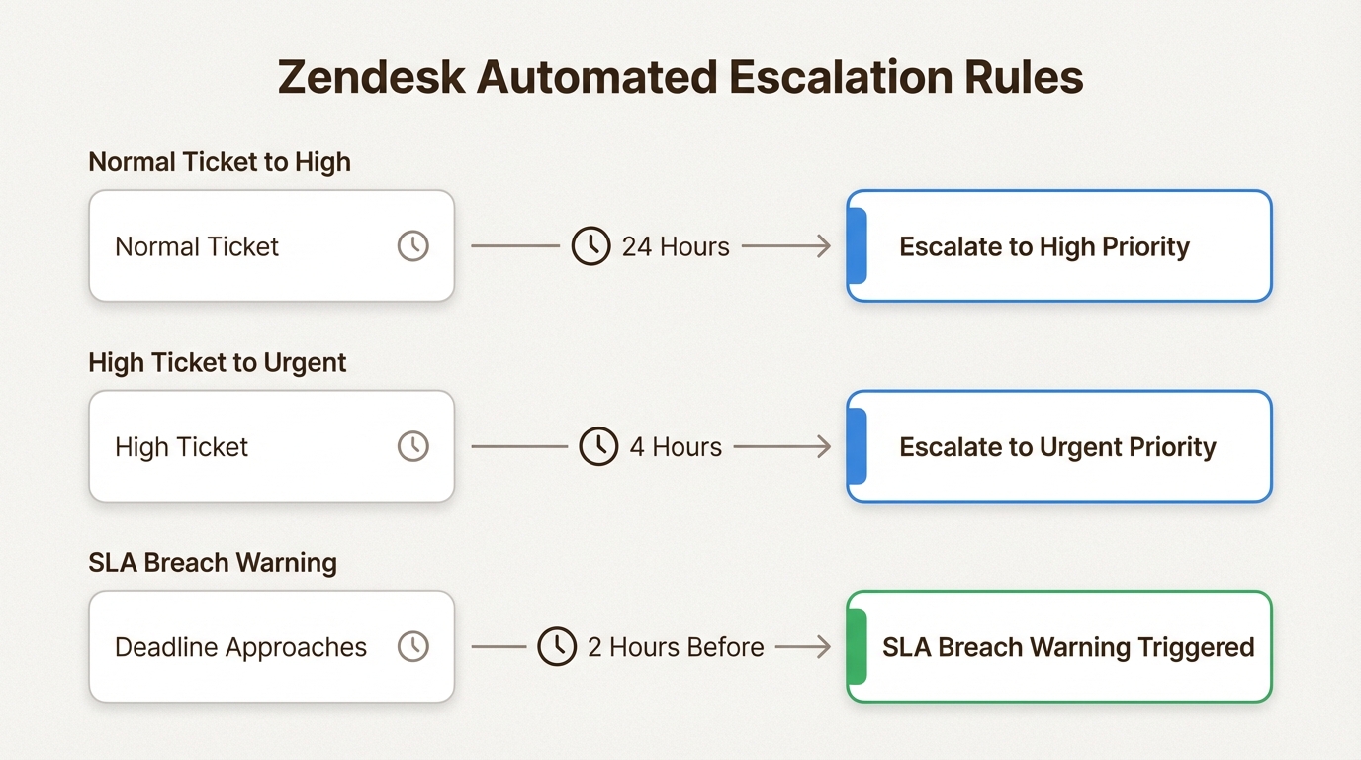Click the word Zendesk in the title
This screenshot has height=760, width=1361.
tap(371, 77)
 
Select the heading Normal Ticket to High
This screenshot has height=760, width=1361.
tap(220, 162)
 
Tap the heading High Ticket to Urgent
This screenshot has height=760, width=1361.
tap(217, 362)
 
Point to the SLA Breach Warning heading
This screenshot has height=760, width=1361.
tap(213, 562)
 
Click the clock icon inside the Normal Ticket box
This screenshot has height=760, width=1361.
tap(413, 245)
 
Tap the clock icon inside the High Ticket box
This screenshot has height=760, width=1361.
tap(413, 446)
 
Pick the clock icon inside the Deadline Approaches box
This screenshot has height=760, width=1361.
tap(413, 646)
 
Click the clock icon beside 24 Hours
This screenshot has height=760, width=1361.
tap(590, 245)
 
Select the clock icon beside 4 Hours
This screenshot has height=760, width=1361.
tap(598, 446)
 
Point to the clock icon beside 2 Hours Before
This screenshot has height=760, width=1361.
tap(557, 646)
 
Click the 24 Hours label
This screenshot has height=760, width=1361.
tap(675, 246)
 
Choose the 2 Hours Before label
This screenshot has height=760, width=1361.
tap(676, 647)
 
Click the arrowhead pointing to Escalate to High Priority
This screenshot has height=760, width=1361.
tap(825, 246)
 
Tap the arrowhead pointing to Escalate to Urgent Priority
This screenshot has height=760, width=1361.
tap(825, 446)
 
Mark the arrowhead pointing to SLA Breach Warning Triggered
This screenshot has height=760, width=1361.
tap(825, 646)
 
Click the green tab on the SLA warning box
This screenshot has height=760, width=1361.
tap(857, 646)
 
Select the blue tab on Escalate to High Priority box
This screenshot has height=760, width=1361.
tap(857, 245)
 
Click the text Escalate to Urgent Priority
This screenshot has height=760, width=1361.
tap(1057, 447)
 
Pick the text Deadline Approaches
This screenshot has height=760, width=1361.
tap(240, 647)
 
